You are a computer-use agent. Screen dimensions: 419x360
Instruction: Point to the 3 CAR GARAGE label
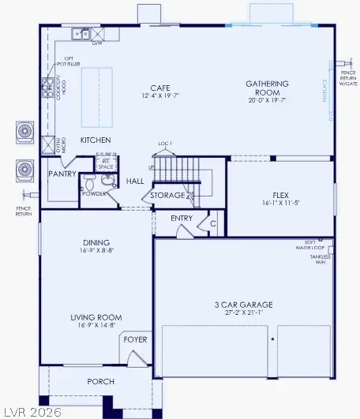(243, 304)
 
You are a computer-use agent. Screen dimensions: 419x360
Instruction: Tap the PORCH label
(100, 382)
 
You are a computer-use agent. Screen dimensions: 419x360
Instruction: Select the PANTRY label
(61, 173)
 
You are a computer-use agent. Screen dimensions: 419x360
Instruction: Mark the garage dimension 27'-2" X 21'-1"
(243, 313)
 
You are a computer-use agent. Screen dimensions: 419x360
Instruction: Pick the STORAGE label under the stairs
(167, 195)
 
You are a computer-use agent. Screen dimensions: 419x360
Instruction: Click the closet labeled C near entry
(212, 223)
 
